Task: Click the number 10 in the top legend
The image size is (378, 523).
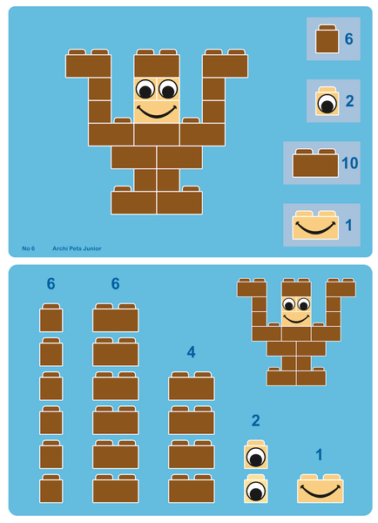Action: point(348,163)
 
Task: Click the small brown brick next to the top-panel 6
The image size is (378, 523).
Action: point(327,40)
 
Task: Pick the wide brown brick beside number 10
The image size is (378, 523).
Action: point(315,164)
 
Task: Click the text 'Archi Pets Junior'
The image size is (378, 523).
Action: point(77,248)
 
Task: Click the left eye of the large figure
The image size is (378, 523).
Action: point(145,88)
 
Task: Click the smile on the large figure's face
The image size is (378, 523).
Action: point(157,111)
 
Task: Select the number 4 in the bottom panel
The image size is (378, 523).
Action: point(191,352)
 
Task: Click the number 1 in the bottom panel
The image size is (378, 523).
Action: point(319,454)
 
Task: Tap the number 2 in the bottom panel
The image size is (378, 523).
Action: point(255,421)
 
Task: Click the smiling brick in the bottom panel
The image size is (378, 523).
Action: point(319,488)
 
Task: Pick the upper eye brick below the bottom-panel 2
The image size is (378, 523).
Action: point(256,455)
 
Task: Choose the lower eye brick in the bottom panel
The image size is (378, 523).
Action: point(256,490)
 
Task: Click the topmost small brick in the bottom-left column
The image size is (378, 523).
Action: point(51,318)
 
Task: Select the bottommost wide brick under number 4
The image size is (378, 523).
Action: point(191,488)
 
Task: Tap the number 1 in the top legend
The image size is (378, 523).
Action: point(348,226)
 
